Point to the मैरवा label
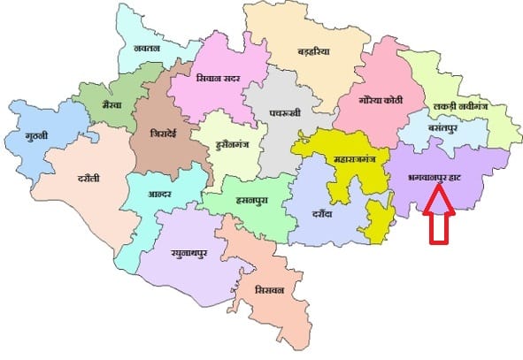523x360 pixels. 112,103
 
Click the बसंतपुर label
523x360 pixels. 447,128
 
